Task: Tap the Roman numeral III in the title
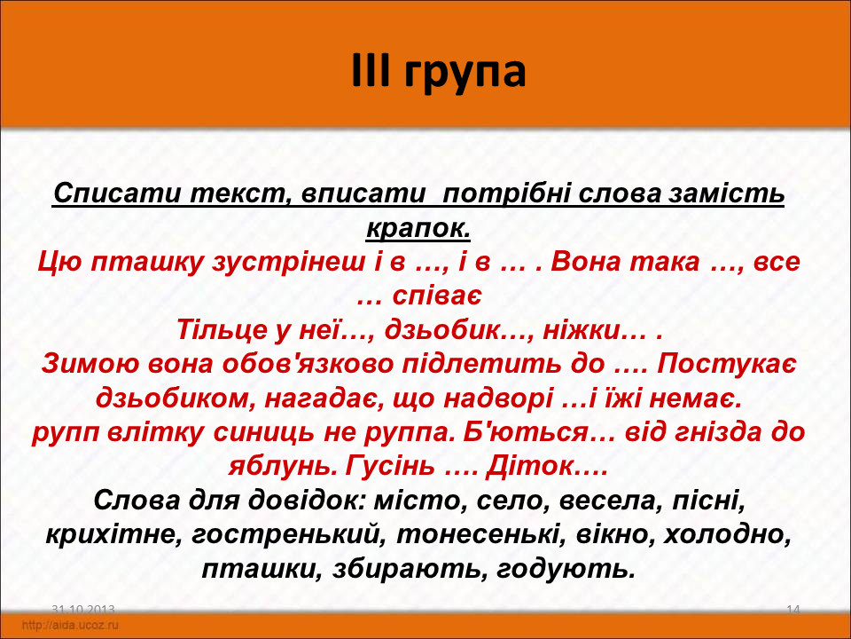pyautogui.click(x=371, y=70)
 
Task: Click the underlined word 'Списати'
pyautogui.click(x=116, y=193)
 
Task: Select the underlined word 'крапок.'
pyautogui.click(x=418, y=229)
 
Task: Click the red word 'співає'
pyautogui.click(x=436, y=296)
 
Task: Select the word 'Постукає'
pyautogui.click(x=727, y=365)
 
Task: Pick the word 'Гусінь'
pyautogui.click(x=390, y=467)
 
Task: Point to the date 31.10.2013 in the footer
pyautogui.click(x=83, y=610)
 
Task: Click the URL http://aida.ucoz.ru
pyautogui.click(x=70, y=625)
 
